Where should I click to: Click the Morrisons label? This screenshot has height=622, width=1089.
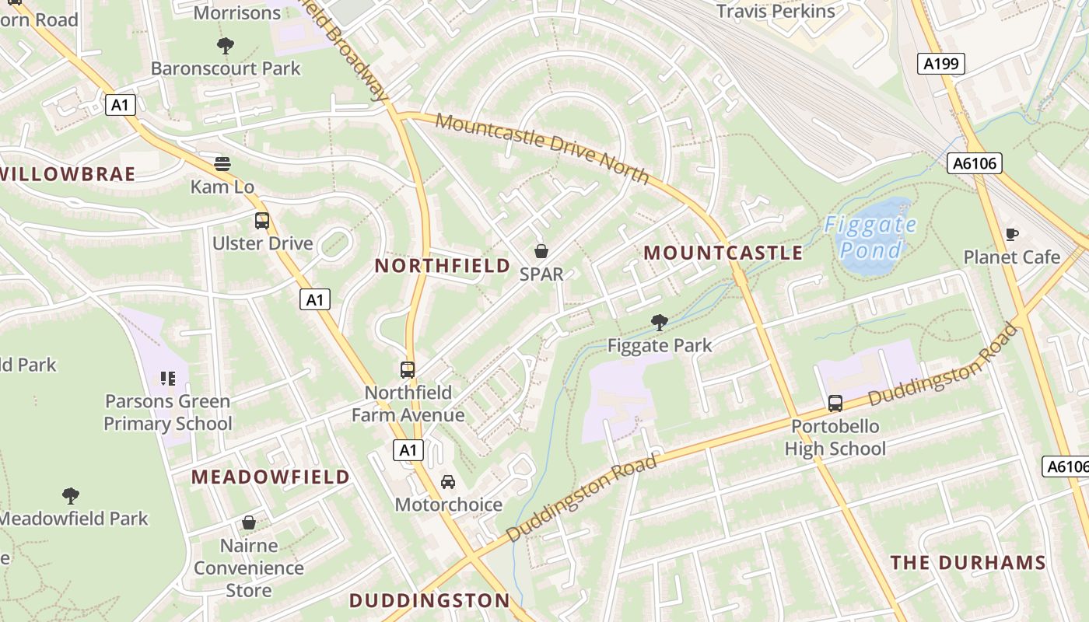click(x=236, y=12)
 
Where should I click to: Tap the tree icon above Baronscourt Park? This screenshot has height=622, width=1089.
click(x=226, y=46)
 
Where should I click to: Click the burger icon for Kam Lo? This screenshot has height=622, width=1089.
click(x=222, y=164)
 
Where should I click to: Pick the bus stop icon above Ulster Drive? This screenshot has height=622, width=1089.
click(x=262, y=221)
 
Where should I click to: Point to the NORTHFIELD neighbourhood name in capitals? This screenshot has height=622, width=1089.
click(x=443, y=266)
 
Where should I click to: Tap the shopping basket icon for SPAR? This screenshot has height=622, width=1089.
click(x=541, y=251)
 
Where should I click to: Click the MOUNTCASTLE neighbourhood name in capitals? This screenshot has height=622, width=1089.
click(x=723, y=253)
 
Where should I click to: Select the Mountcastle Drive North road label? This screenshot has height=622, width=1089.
click(x=542, y=148)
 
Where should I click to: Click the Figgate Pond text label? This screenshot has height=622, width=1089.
click(x=871, y=237)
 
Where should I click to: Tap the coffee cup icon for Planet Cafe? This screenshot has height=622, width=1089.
click(x=1012, y=234)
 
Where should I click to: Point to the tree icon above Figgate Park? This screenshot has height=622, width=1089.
click(x=660, y=322)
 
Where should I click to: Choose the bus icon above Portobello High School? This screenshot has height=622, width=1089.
click(x=835, y=404)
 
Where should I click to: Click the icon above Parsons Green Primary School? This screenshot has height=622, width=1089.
click(x=168, y=379)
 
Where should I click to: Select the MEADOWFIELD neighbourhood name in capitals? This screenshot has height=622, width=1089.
click(x=271, y=477)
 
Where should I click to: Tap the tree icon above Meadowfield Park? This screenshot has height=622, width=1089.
click(x=71, y=495)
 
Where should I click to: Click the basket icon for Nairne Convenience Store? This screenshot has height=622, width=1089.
click(x=249, y=522)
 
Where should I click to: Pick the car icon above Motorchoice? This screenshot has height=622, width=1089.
click(x=448, y=482)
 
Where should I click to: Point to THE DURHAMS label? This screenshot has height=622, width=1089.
click(x=968, y=563)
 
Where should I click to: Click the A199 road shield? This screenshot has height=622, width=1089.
click(x=940, y=64)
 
